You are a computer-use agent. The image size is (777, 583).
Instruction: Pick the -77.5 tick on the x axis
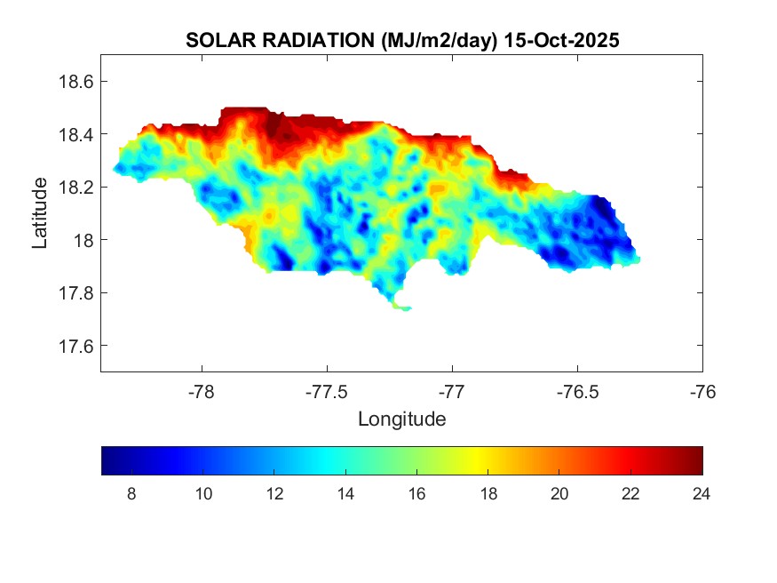[328, 391]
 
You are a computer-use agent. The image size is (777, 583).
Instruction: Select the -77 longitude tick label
[453, 391]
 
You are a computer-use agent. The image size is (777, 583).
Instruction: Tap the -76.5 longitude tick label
[578, 391]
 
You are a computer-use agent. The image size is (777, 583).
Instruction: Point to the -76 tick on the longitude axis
[702, 391]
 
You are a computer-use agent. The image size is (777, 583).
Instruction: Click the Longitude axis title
[401, 419]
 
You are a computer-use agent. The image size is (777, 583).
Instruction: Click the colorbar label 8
[131, 494]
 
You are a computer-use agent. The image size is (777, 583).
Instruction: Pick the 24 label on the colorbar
[702, 494]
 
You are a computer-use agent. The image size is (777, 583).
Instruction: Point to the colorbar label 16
[416, 494]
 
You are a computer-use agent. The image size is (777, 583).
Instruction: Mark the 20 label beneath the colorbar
[559, 494]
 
